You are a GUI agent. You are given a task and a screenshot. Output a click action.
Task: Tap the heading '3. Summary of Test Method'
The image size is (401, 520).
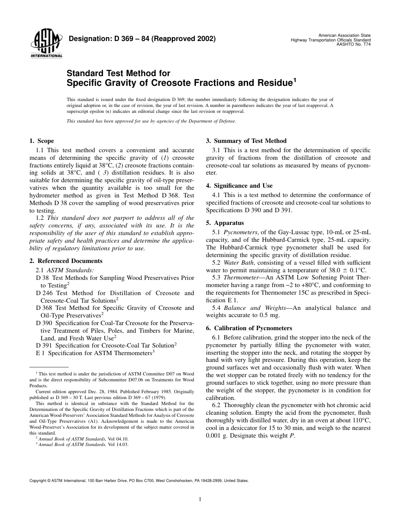click(x=246, y=141)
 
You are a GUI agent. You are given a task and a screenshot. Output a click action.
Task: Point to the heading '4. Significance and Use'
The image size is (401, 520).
click(x=239, y=186)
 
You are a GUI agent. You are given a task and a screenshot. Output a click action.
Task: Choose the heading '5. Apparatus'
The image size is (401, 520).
click(x=225, y=223)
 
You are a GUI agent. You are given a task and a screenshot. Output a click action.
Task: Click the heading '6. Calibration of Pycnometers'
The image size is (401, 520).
click(x=249, y=328)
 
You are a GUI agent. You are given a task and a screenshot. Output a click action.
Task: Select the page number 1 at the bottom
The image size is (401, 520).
click(x=200, y=499)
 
